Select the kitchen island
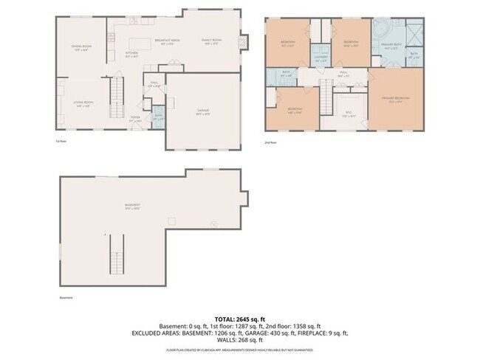[140, 42]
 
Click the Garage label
[202, 112]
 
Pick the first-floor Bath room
[158, 116]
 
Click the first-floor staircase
[116, 92]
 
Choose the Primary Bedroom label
[397, 99]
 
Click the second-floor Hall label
[343, 73]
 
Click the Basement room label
[133, 207]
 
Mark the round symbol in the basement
[214, 224]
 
